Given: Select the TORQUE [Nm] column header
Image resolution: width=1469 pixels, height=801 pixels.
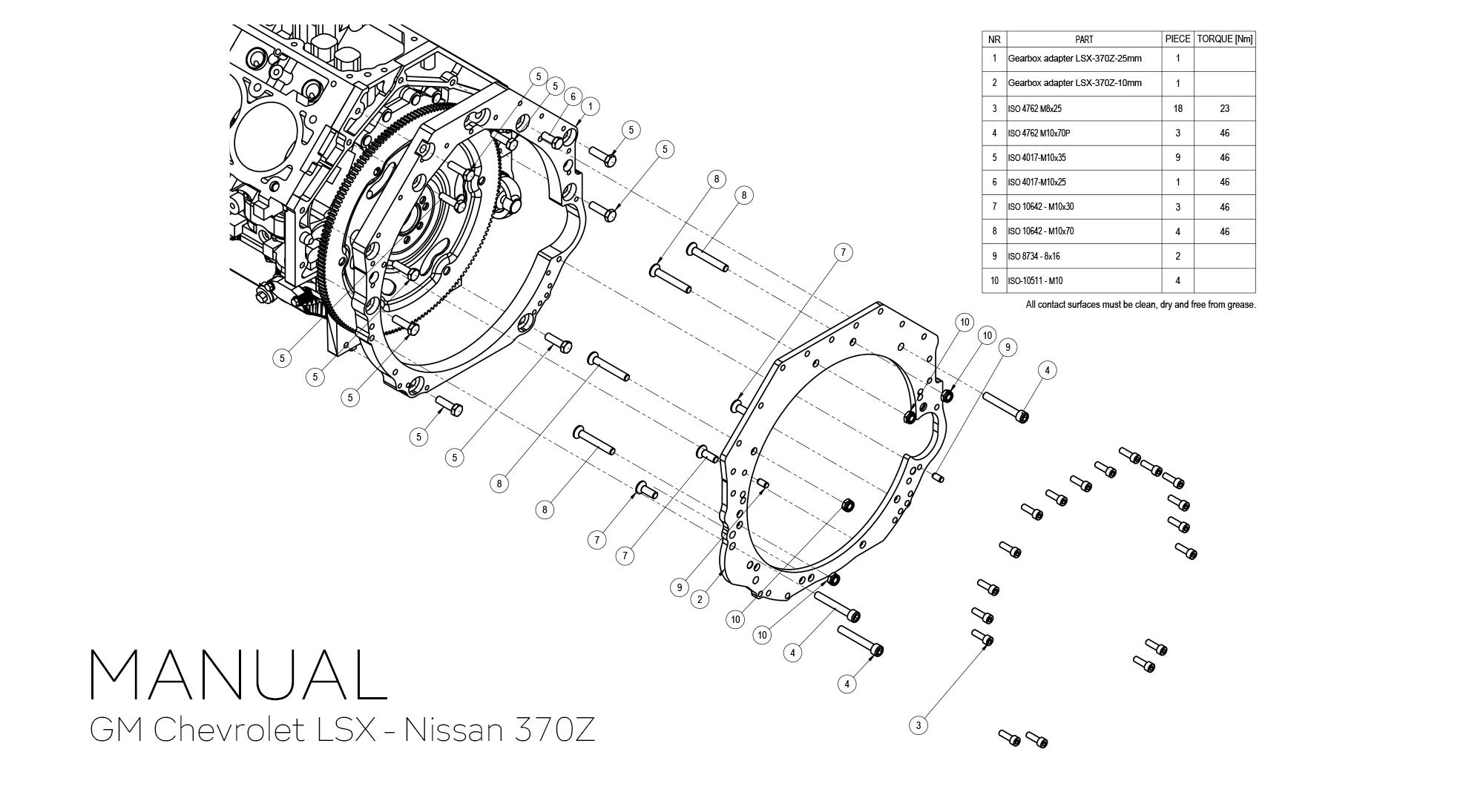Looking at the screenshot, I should pyautogui.click(x=1224, y=39).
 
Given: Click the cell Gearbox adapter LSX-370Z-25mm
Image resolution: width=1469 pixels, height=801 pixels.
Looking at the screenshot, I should pyautogui.click(x=1074, y=59).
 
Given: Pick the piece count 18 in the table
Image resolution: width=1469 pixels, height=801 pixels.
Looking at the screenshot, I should pyautogui.click(x=1177, y=108).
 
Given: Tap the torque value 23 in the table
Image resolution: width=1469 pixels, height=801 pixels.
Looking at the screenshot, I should pyautogui.click(x=1224, y=108).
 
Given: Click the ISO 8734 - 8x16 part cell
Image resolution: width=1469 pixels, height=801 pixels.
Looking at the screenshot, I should pyautogui.click(x=1033, y=256).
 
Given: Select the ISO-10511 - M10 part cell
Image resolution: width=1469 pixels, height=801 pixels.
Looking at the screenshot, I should pyautogui.click(x=1035, y=281).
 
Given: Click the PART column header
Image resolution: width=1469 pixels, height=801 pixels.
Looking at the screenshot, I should pyautogui.click(x=1083, y=39).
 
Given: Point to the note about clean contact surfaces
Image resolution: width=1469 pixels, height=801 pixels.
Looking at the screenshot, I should pyautogui.click(x=1140, y=305).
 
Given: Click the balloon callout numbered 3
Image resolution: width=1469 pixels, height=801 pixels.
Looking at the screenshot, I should pyautogui.click(x=918, y=725).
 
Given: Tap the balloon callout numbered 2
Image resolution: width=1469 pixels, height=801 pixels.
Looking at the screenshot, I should pyautogui.click(x=700, y=599).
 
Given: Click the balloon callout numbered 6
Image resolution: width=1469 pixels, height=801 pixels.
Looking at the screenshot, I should pyautogui.click(x=572, y=97).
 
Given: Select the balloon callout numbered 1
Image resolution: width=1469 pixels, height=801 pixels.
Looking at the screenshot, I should pyautogui.click(x=590, y=107).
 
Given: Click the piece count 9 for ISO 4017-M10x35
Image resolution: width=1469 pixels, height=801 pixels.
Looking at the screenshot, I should pyautogui.click(x=1177, y=157).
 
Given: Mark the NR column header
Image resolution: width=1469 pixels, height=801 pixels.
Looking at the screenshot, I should pyautogui.click(x=994, y=39).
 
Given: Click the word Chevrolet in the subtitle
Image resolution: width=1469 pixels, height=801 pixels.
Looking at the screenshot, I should pyautogui.click(x=230, y=730).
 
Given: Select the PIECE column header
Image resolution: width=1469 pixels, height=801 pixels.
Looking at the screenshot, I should pyautogui.click(x=1177, y=39).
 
